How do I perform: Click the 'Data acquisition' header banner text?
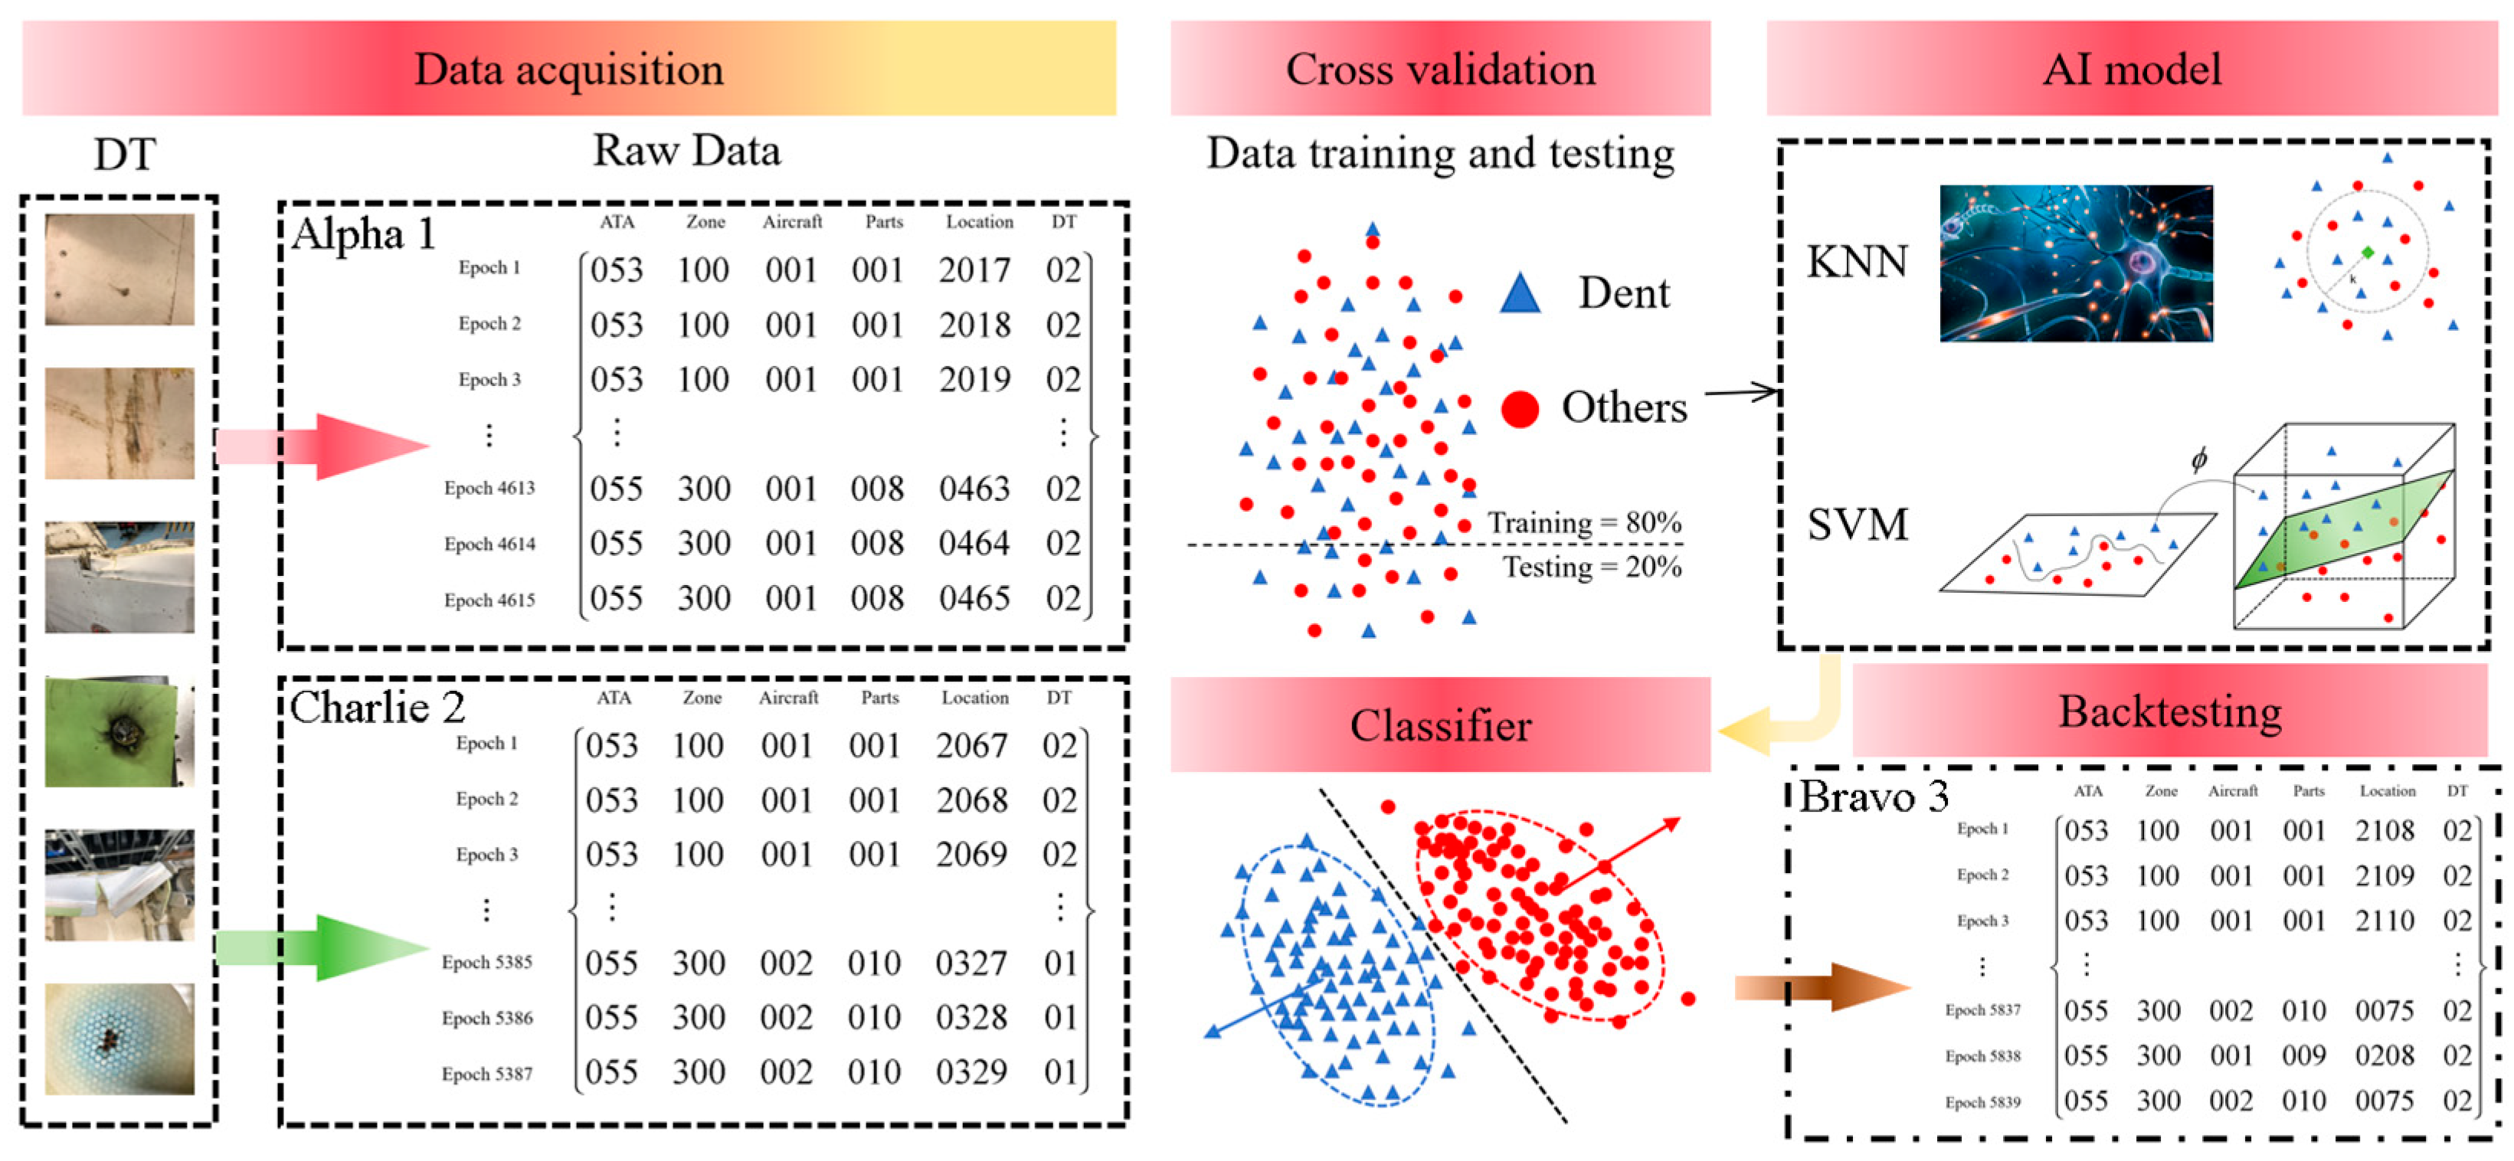point(569,69)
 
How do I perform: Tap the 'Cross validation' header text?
point(1441,69)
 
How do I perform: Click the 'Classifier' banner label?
point(1441,726)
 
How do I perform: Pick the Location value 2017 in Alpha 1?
point(974,270)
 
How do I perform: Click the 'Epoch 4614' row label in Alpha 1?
point(490,544)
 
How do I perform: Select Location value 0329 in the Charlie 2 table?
point(971,1072)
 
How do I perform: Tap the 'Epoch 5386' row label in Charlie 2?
point(487,1018)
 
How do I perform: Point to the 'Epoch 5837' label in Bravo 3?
point(1982,1010)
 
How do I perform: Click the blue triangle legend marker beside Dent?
point(1520,293)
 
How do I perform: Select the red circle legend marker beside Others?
point(1520,409)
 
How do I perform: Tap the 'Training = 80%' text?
point(1584,522)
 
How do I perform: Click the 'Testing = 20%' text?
point(1591,567)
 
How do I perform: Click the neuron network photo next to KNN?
point(2076,263)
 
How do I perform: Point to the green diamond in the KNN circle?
point(2368,253)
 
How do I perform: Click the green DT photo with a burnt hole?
point(119,731)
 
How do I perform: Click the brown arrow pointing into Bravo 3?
point(1820,986)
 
